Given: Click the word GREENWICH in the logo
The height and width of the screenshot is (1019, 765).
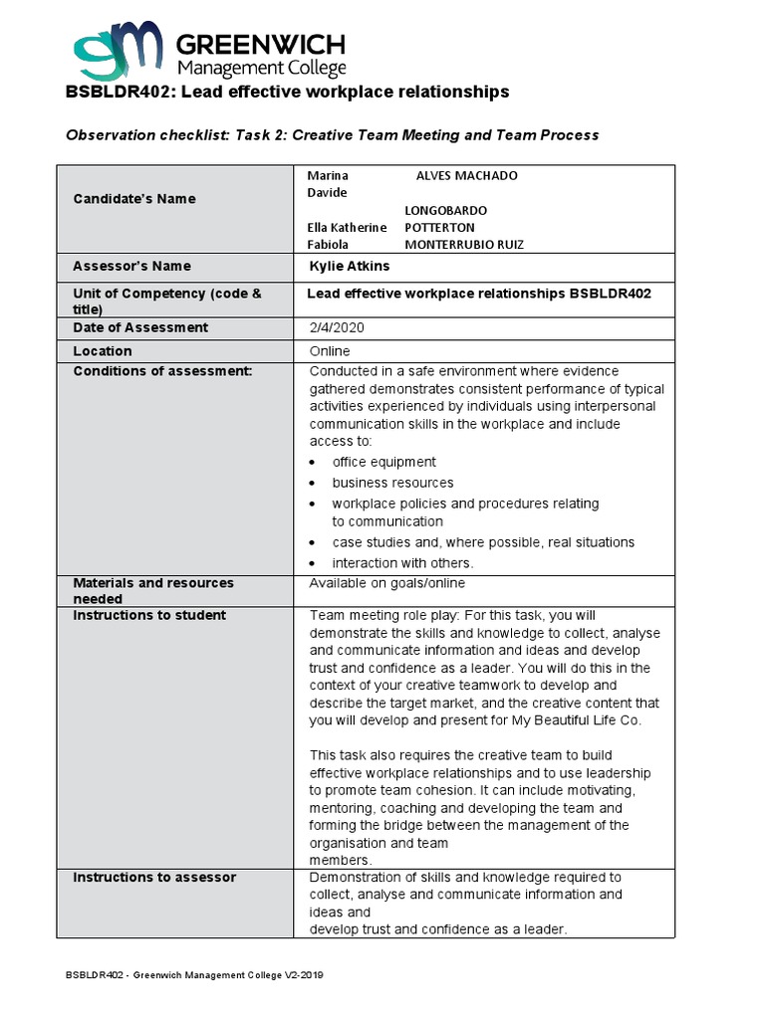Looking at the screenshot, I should [x=261, y=45].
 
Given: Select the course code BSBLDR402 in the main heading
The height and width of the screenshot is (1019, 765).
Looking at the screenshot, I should [x=114, y=92].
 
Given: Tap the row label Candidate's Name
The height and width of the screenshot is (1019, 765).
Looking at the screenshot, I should [x=134, y=199].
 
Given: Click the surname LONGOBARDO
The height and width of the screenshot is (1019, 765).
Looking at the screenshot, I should [x=445, y=211].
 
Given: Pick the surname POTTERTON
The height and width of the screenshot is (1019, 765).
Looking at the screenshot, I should [x=439, y=228].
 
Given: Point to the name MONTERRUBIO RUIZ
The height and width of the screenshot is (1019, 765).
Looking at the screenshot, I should [x=463, y=245].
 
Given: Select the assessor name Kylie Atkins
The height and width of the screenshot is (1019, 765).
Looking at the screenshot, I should [x=350, y=267].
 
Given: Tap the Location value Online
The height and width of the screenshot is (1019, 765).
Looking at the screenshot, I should [x=330, y=351].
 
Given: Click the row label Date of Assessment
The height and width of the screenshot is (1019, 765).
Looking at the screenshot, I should [x=140, y=327].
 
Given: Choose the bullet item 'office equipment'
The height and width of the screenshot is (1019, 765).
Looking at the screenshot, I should [x=383, y=462].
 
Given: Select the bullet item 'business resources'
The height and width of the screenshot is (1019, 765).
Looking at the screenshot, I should [x=392, y=483].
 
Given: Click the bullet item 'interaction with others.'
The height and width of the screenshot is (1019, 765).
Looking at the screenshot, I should [x=402, y=563].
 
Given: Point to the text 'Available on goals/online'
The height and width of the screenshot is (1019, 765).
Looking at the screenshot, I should [x=387, y=583].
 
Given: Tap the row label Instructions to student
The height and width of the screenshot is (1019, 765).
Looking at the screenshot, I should [x=149, y=615].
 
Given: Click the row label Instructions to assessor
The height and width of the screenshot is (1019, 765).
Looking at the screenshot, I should [x=154, y=877].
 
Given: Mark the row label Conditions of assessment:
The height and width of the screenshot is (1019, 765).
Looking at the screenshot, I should [x=163, y=371].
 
